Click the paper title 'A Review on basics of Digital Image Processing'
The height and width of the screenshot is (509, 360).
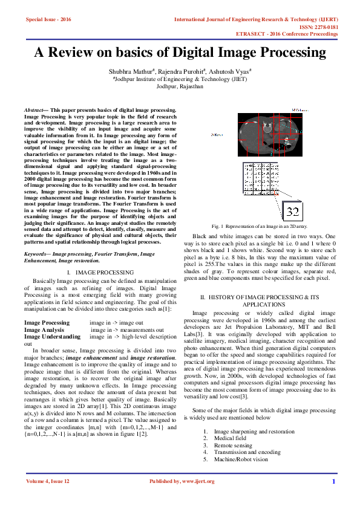pyautogui.click(x=180, y=52)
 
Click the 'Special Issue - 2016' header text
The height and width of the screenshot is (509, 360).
pyautogui.click(x=48, y=19)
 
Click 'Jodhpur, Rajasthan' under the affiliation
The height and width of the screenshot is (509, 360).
pyautogui.click(x=180, y=86)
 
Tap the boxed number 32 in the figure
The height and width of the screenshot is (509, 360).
pyautogui.click(x=292, y=212)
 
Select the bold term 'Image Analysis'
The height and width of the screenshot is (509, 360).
pyautogui.click(x=44, y=330)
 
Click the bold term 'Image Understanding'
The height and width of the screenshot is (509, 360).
pyautogui.click(x=52, y=337)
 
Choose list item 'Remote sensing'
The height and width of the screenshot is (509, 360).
pyautogui.click(x=234, y=445)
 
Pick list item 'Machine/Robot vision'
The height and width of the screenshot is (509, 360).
pyautogui.click(x=240, y=459)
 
